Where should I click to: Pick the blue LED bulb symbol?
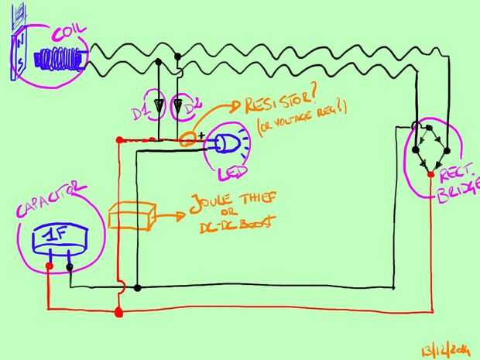coord(229,143)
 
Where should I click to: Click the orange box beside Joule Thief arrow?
coord(132,217)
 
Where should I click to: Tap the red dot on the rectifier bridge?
coord(430,176)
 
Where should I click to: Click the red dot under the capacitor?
coord(49,268)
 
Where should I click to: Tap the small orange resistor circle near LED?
coord(187,141)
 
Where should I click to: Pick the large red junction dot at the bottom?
coord(118,312)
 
